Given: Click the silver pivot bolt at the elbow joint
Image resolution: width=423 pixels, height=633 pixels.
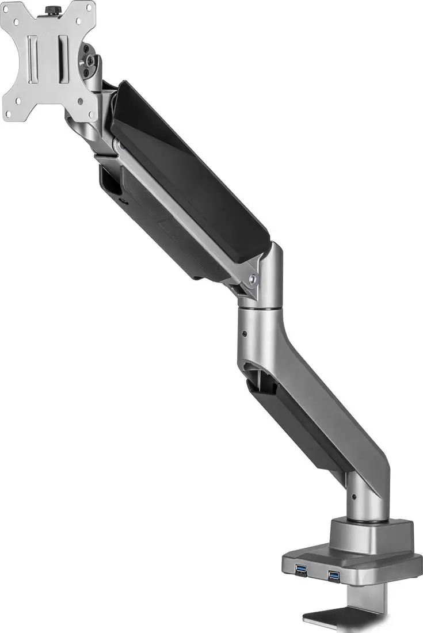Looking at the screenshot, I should (x=253, y=280).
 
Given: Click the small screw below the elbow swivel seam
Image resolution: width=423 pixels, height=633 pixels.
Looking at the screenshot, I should (x=246, y=333).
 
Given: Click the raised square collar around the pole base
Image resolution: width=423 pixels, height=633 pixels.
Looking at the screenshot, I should (x=371, y=535).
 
